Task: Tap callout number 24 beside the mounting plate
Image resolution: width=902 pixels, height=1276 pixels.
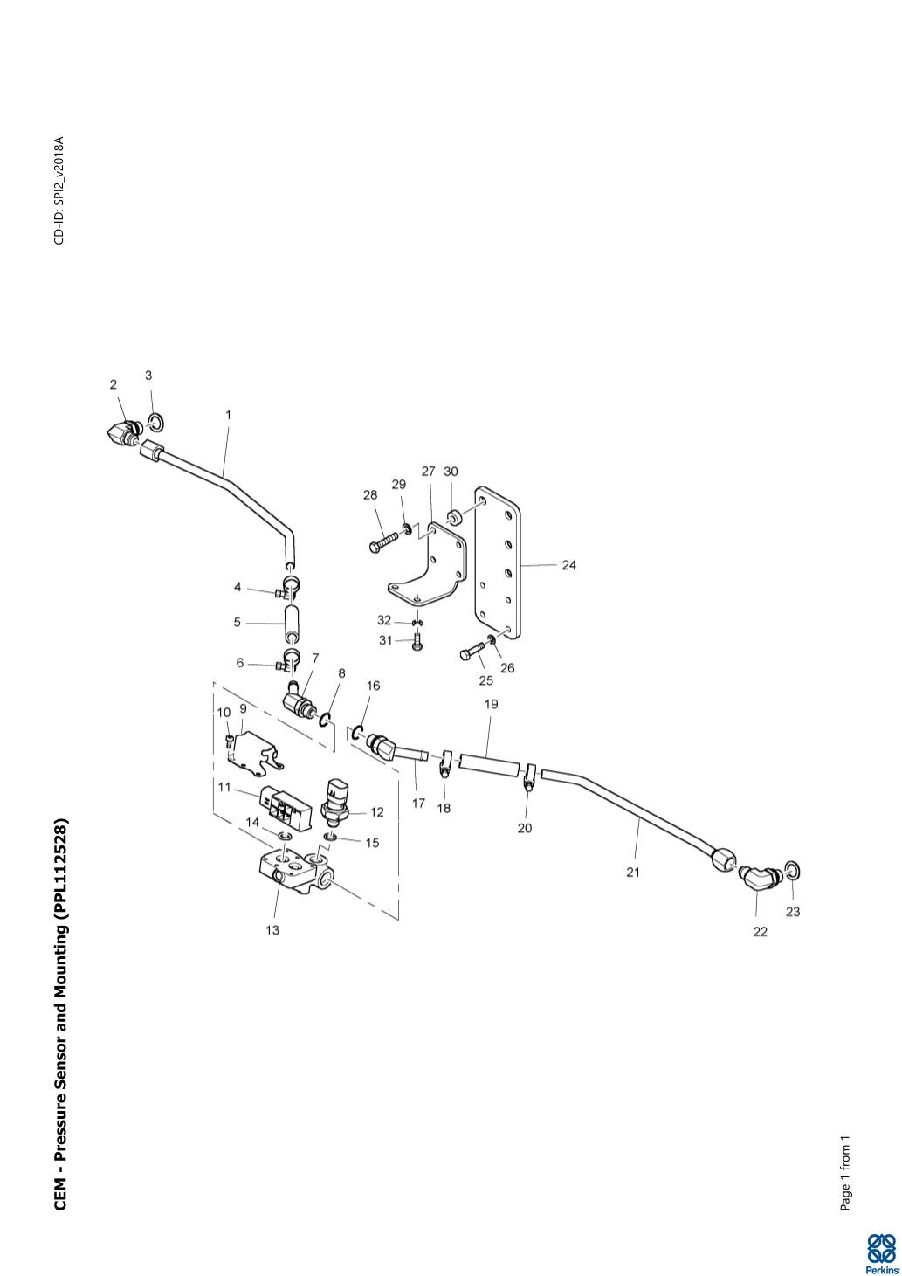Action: (x=568, y=565)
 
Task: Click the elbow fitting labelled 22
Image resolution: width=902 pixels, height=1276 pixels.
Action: (x=759, y=876)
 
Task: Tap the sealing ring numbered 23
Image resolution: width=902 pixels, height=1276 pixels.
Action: (x=792, y=870)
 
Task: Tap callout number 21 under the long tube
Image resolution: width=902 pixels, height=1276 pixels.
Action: (x=633, y=872)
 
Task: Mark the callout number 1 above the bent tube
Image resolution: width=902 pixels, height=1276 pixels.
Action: (x=229, y=415)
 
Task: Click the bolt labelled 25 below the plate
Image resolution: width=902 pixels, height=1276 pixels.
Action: (x=472, y=653)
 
